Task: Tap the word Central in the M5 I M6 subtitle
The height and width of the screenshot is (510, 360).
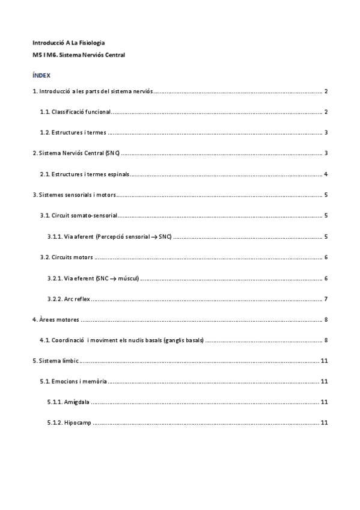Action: (x=114, y=54)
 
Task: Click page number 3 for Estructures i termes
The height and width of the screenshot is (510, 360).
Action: (x=325, y=133)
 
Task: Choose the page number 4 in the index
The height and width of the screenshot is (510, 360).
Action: (x=325, y=174)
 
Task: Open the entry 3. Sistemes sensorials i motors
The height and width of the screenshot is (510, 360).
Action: (x=74, y=195)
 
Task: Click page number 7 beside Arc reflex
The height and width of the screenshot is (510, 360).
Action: (x=325, y=299)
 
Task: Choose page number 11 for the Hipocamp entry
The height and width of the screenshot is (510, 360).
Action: (x=324, y=423)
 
